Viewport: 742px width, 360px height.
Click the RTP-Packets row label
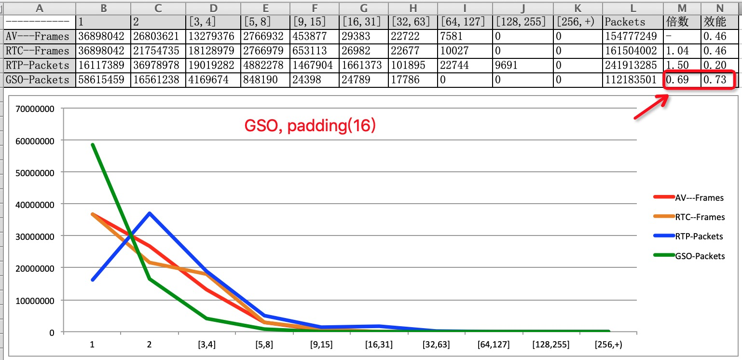coord(38,66)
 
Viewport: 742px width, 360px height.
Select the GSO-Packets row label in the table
coord(38,80)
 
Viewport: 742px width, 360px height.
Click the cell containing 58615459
coord(103,80)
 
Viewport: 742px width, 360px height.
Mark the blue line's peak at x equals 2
coord(150,213)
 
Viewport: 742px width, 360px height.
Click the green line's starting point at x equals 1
coord(92,144)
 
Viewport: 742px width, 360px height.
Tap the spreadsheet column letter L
coord(633,8)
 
